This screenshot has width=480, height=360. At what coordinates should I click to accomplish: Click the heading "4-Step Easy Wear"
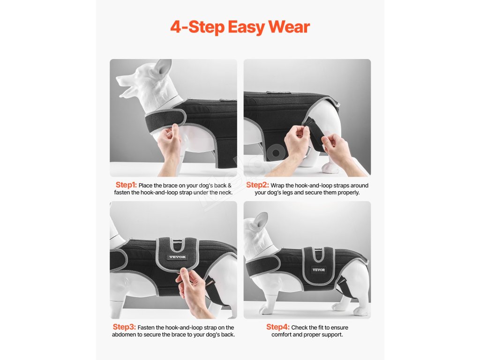[240, 27]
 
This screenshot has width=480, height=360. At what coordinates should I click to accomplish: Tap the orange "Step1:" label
[126, 185]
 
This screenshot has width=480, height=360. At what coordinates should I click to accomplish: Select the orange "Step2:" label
[257, 185]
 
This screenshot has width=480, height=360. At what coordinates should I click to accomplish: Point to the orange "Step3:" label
[124, 327]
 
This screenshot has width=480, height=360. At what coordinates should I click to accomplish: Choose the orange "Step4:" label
[277, 327]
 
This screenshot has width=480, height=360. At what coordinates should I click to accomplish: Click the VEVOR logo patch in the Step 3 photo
[178, 257]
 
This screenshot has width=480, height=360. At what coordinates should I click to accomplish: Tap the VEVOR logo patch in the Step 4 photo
[319, 270]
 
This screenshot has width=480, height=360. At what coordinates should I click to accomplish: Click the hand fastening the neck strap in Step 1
[170, 144]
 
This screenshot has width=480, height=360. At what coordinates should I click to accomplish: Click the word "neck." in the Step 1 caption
[225, 193]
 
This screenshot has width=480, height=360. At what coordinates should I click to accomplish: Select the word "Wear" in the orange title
[289, 27]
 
